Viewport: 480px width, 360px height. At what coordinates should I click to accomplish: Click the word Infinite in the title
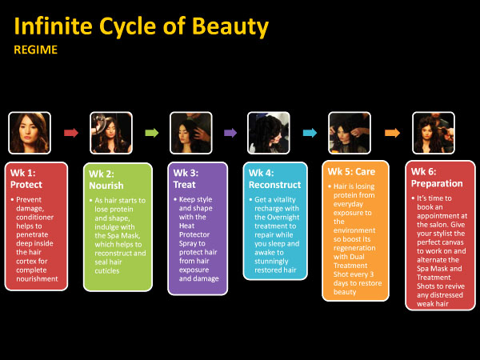coord(54,26)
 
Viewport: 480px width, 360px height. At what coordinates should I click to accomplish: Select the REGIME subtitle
coord(35,50)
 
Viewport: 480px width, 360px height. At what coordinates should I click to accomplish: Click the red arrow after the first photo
coord(71,133)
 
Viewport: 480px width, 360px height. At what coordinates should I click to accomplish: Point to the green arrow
coord(152,133)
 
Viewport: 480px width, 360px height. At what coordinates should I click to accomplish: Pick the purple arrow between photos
coord(230,133)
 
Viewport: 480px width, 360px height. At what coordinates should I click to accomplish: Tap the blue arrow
coord(310,133)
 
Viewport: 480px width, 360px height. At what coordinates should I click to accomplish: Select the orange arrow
coord(393,133)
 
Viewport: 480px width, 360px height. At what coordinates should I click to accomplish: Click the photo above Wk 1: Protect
coord(30,133)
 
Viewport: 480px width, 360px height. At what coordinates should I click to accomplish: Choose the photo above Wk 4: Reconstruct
coord(269,133)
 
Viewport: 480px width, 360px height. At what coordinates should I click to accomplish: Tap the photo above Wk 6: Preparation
coord(434,133)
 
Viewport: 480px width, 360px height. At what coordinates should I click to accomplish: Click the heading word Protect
coord(26,185)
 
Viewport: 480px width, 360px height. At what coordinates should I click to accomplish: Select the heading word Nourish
coord(106,186)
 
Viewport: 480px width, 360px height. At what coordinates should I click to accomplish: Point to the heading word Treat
coord(184,185)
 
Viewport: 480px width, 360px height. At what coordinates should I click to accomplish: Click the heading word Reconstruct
coord(275,185)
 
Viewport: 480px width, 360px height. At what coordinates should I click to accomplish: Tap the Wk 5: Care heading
coord(351,172)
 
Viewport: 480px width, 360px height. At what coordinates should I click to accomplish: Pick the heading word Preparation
coord(437,183)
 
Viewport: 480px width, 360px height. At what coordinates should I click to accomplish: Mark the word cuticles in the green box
coord(107,271)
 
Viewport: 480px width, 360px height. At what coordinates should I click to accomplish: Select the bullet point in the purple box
coord(175,199)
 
